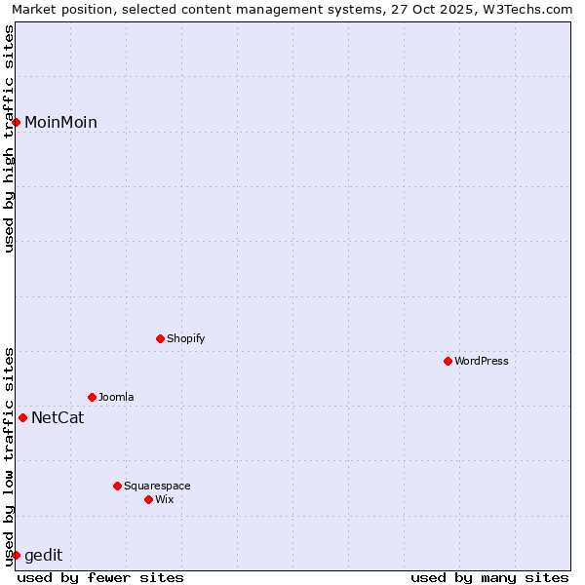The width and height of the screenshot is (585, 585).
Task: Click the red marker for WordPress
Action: pos(448,361)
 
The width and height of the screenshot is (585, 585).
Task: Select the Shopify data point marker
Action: pos(160,338)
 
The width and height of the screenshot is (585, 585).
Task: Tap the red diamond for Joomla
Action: pos(92,397)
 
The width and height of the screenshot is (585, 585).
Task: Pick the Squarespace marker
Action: pos(117,486)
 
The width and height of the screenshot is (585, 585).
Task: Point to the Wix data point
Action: pos(148,499)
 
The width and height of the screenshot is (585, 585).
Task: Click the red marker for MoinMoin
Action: pos(17,122)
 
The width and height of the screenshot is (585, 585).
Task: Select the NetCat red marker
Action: pos(22,417)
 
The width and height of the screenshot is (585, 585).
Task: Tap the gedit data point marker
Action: pos(16,555)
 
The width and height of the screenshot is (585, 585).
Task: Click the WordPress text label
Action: pos(482,361)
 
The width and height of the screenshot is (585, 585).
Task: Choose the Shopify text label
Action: pos(185,338)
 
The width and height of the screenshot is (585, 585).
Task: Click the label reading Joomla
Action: pos(116,397)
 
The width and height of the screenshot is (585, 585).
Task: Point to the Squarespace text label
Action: pos(157,486)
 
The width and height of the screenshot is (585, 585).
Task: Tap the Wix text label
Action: pos(165,499)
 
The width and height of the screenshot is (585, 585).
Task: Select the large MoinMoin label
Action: pos(60,122)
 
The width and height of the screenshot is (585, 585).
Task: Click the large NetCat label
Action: pos(58,417)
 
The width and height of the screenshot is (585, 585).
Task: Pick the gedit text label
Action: pos(43,555)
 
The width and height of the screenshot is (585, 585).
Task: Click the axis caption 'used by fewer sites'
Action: pos(100,577)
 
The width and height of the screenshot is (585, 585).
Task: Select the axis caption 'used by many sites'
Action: pos(489,577)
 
